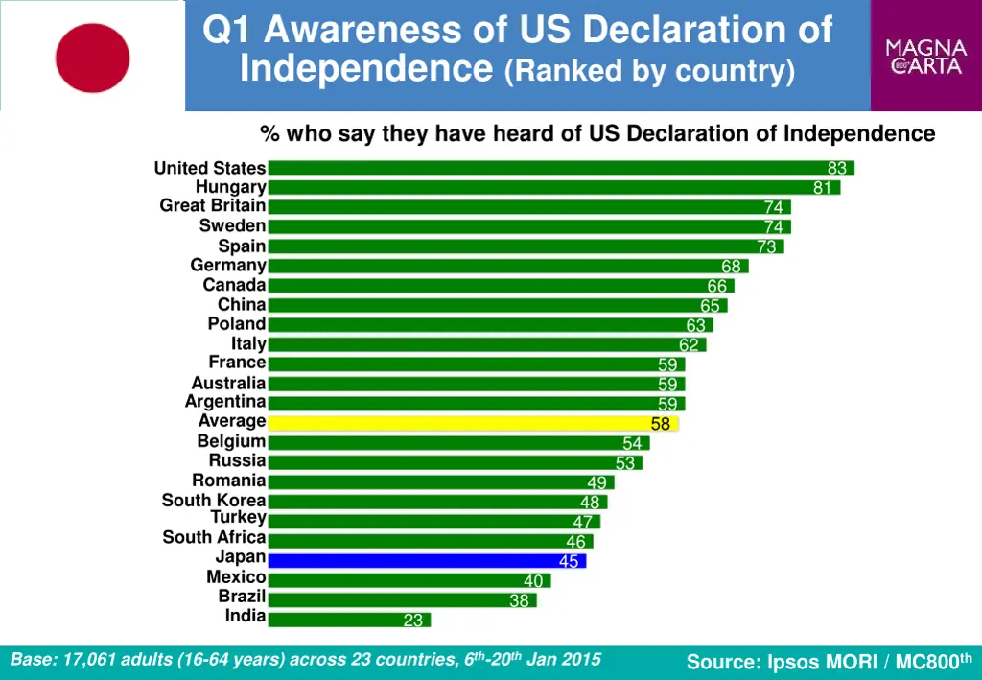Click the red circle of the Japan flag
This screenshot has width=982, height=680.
pos(92,58)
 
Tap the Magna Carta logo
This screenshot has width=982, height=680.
pos(925,56)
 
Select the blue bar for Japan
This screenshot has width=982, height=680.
pos(427,560)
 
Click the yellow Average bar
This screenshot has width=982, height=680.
pos(473,422)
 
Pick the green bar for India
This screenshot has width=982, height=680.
pos(349,620)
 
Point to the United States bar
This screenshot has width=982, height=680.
pos(560,168)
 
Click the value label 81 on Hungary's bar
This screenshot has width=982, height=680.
pos(822,188)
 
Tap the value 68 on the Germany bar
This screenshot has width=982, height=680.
pos(731,267)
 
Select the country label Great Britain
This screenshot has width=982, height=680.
pos(213,206)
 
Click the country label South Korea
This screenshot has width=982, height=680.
pos(214,500)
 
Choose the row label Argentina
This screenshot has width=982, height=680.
pos(225,402)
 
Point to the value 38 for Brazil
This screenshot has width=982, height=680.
pos(519,600)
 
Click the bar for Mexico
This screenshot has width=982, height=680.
pos(409,580)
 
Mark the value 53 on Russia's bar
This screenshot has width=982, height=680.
pos(625,463)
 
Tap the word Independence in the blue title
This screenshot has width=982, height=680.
pos(365,68)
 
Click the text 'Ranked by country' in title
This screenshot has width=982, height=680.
pos(649,70)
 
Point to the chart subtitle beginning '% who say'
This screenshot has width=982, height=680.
pos(596,133)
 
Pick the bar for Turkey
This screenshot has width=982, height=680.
pos(433,521)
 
